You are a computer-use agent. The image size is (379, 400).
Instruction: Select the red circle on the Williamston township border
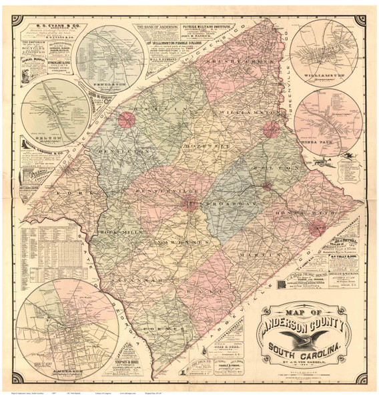[x=271, y=129]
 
